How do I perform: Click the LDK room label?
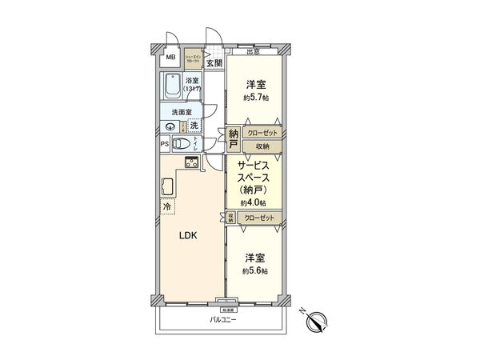point(186,237)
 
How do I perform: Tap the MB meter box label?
point(169,57)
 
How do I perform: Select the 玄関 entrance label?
point(213,62)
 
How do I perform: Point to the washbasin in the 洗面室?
point(170,126)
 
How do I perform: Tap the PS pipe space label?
point(164,145)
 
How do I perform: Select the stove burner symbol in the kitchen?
point(193,163)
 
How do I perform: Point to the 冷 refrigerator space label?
point(167,207)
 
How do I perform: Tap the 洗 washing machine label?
point(194,125)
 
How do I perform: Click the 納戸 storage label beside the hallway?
point(233,139)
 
